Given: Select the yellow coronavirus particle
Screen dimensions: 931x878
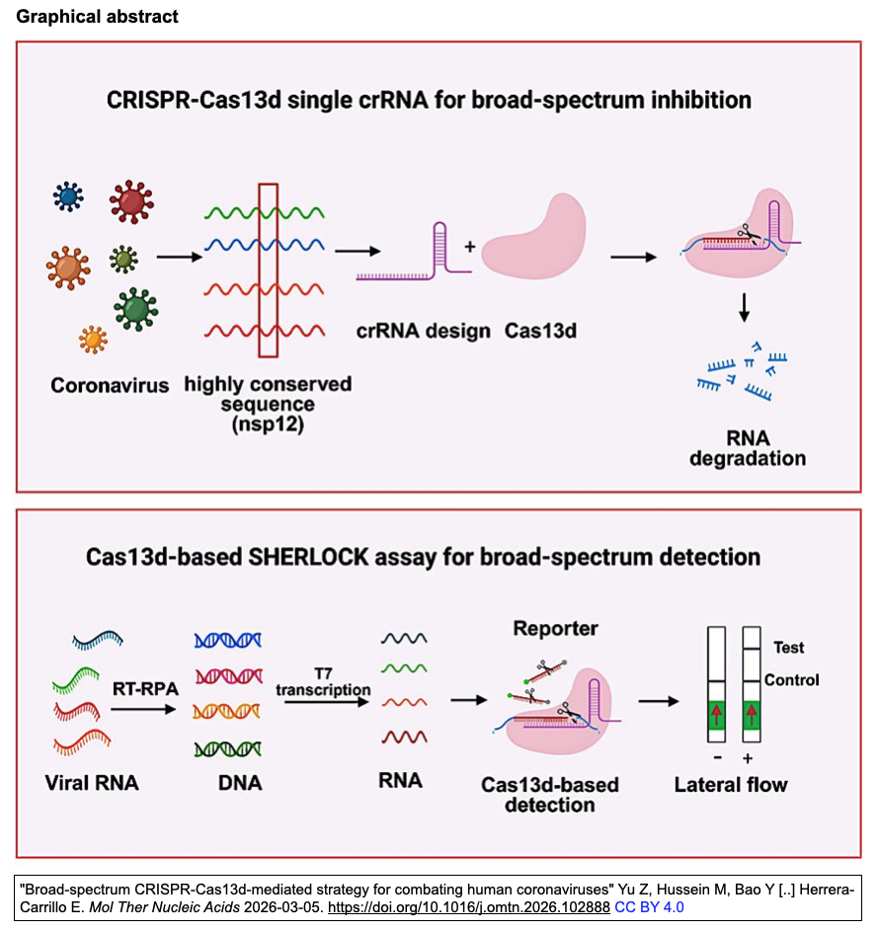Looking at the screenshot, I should click(93, 340).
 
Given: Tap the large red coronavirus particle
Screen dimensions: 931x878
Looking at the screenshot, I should click(129, 201).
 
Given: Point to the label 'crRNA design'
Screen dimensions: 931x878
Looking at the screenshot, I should click(424, 331).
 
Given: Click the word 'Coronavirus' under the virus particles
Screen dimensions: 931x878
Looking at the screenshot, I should click(110, 383).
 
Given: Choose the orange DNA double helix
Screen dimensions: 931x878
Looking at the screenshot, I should click(228, 711).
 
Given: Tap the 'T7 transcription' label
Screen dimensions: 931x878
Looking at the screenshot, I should click(323, 682).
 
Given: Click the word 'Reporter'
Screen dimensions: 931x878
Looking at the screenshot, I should click(555, 629).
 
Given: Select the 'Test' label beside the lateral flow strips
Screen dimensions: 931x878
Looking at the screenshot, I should click(788, 648).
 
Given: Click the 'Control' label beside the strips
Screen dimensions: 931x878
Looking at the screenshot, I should click(792, 680).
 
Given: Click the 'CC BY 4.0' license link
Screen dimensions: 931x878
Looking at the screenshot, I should click(649, 906).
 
